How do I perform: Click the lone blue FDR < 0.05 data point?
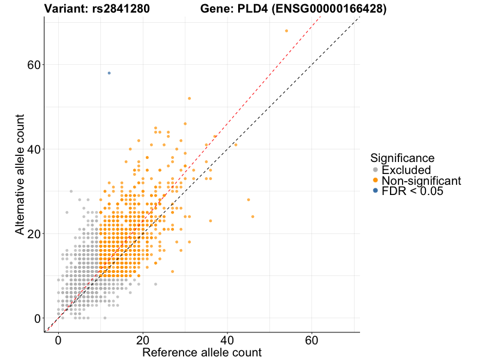(109, 73)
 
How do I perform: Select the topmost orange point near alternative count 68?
(286, 31)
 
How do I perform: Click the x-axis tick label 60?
(311, 340)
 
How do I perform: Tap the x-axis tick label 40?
(227, 340)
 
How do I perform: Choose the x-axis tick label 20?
(142, 340)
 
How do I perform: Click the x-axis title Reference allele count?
(202, 353)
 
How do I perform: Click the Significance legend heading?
(402, 158)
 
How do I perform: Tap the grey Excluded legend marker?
(376, 170)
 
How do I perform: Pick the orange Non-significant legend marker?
(376, 181)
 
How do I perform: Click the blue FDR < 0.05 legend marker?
(376, 191)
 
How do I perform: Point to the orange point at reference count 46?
(253, 217)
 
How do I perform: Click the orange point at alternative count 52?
(189, 98)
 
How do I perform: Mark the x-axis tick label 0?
(58, 340)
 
